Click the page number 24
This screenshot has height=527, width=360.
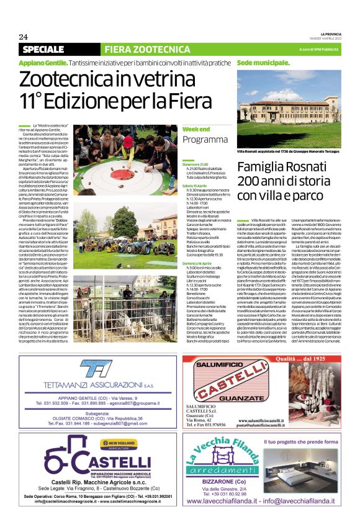click(x=23, y=36)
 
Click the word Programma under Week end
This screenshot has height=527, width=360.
click(x=205, y=139)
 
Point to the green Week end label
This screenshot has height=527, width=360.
click(x=196, y=128)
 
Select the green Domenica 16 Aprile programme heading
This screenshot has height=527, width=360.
click(x=199, y=248)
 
